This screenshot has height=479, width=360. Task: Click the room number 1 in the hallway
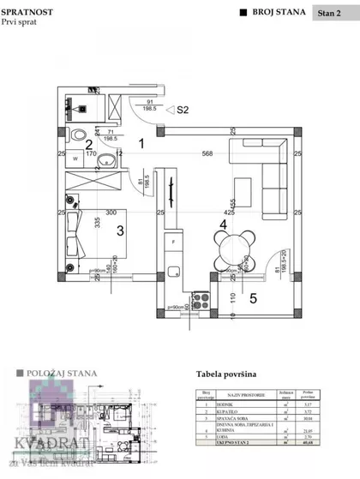(x=141, y=145)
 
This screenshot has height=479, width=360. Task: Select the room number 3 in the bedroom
(x=120, y=230)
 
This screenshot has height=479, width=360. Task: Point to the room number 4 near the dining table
(x=223, y=225)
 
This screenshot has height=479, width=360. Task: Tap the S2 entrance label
(x=183, y=110)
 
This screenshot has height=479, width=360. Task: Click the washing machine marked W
(x=75, y=159)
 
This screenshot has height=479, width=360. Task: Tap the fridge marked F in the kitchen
(x=174, y=242)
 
